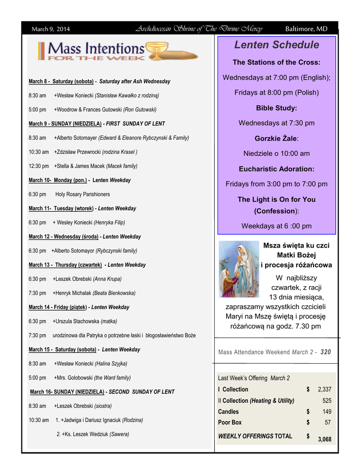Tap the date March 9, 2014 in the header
pyautogui.click(x=51, y=29)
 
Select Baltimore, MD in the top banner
pyautogui.click(x=306, y=29)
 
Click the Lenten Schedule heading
pyautogui.click(x=276, y=45)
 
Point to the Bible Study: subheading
pyautogui.click(x=276, y=108)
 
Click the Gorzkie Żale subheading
pyautogui.click(x=276, y=138)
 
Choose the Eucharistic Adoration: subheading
pyautogui.click(x=276, y=169)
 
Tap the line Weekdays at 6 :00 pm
pyautogui.click(x=276, y=226)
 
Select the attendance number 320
pyautogui.click(x=325, y=352)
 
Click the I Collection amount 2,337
pyautogui.click(x=325, y=390)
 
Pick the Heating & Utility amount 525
pyautogui.click(x=327, y=400)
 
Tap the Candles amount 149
pyautogui.click(x=327, y=412)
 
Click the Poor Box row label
pyautogui.click(x=230, y=422)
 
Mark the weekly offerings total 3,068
pyautogui.click(x=325, y=439)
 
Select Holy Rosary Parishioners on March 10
pyautogui.click(x=82, y=194)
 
